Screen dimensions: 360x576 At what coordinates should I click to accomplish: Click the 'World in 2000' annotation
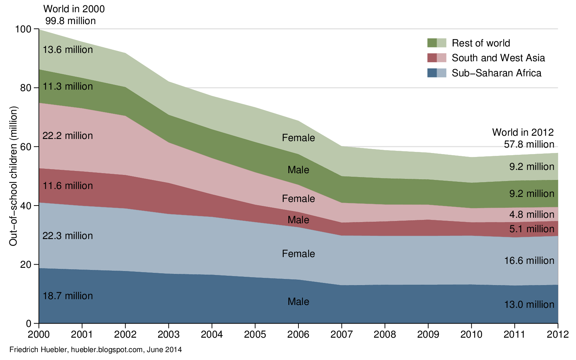(x=74, y=9)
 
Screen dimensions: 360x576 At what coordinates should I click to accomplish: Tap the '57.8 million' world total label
(x=529, y=144)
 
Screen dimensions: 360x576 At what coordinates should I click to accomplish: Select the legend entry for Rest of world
(x=481, y=43)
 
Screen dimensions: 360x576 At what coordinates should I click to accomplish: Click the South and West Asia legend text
(x=498, y=58)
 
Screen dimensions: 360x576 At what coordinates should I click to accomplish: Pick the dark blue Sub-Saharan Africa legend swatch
(x=432, y=73)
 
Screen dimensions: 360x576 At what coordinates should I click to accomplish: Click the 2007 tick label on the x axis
(x=341, y=334)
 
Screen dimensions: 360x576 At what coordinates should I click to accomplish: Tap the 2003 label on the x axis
(x=168, y=334)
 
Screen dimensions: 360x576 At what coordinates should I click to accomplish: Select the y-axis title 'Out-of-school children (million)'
(x=14, y=176)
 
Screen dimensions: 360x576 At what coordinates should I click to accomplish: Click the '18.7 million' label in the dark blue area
(x=68, y=296)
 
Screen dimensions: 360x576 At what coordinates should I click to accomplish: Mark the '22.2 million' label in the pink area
(x=68, y=136)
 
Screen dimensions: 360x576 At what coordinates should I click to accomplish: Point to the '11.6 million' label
(x=68, y=186)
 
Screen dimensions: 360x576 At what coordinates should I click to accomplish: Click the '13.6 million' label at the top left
(x=68, y=50)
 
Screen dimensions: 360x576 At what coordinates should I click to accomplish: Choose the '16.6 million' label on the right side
(x=529, y=261)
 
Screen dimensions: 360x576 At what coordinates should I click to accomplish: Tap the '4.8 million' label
(x=531, y=215)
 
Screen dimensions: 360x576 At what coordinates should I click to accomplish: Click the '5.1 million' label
(x=531, y=229)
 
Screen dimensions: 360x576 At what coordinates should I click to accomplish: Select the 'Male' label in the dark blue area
(x=298, y=302)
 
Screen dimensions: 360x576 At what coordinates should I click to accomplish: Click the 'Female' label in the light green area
(x=298, y=138)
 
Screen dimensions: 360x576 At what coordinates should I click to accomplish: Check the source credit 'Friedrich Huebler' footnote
(x=95, y=350)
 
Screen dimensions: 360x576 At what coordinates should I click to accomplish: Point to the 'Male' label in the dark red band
(x=298, y=220)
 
